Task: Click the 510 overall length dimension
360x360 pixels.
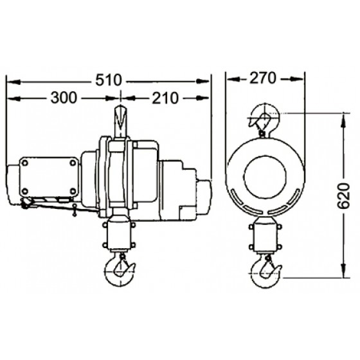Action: (108, 80)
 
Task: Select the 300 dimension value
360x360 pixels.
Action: (64, 98)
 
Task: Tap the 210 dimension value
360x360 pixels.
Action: (165, 98)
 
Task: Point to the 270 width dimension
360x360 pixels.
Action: (263, 78)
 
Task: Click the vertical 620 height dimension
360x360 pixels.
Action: (344, 196)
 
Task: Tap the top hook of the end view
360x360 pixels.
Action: (264, 120)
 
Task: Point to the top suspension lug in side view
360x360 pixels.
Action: (121, 122)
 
